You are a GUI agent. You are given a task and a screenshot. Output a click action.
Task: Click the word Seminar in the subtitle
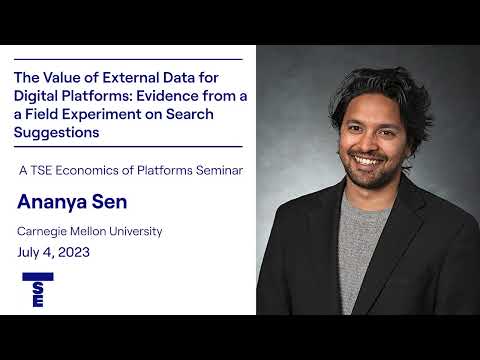[216, 169]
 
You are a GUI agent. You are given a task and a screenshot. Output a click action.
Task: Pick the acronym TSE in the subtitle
[47, 169]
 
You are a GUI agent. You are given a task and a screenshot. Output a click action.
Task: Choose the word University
[133, 232]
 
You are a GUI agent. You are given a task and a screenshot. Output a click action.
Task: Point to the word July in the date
[32, 252]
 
